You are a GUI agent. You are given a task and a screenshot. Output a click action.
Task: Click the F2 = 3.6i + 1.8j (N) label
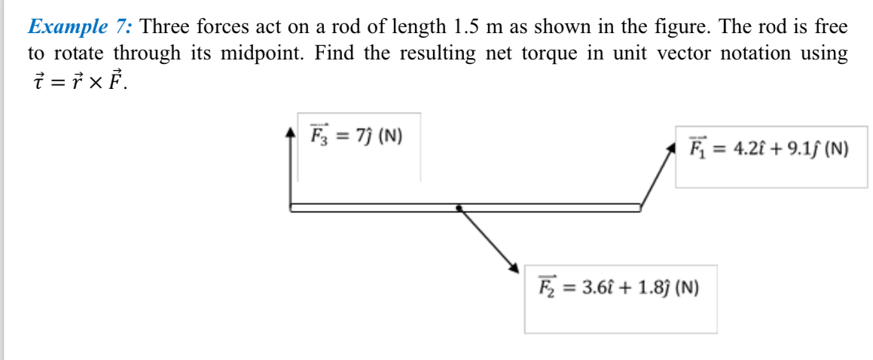pyautogui.click(x=618, y=287)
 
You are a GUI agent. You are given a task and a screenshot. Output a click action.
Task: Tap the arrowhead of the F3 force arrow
pyautogui.click(x=292, y=133)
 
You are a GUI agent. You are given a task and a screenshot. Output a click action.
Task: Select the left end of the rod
pyautogui.click(x=292, y=207)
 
